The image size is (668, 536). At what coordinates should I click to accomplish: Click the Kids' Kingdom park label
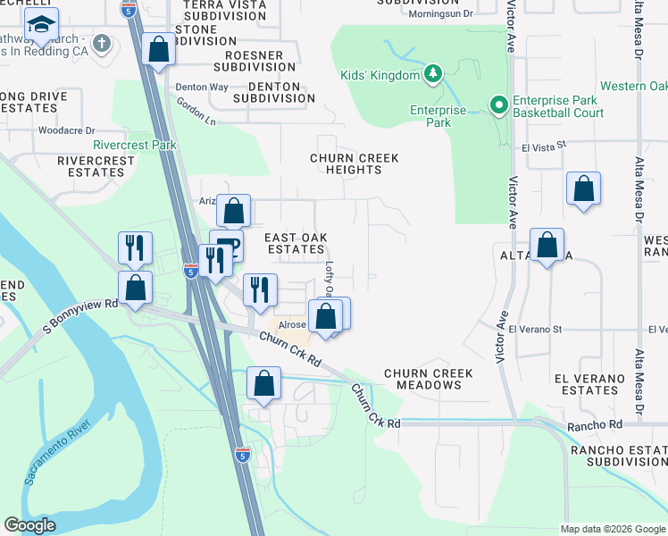tap(380, 75)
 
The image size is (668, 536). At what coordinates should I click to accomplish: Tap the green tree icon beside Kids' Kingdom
tap(434, 73)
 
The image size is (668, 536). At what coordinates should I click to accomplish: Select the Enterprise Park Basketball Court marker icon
tap(498, 106)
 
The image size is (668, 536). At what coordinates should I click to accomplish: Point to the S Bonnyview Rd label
tap(81, 316)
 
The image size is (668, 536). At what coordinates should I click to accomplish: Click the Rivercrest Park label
tap(135, 145)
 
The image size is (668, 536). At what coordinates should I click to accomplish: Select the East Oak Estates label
tap(296, 243)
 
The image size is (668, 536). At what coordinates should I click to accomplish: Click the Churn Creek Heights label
tap(354, 164)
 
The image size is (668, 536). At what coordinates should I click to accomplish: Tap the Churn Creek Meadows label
tap(422, 379)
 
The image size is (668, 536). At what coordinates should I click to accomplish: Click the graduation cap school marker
tap(41, 26)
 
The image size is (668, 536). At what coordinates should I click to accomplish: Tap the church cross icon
tap(103, 42)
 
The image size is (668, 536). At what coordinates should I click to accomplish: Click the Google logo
tap(29, 525)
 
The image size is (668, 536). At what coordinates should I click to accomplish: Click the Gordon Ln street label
tap(196, 112)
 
